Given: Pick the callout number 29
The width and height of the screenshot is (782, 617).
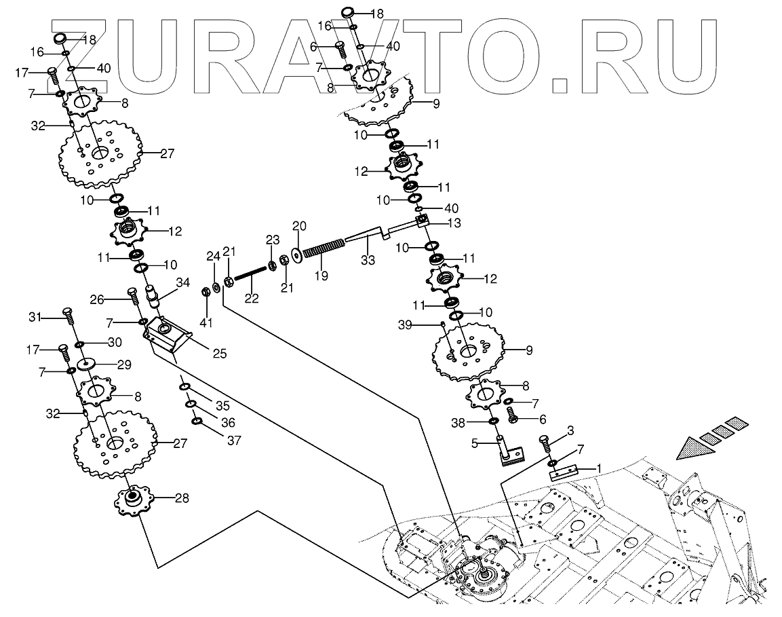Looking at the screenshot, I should point(124,364).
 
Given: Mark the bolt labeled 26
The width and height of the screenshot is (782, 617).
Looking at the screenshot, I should point(133,297).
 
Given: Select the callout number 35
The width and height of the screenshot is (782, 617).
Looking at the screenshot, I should point(222,406).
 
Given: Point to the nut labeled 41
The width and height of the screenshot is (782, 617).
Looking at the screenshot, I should point(205,293).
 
